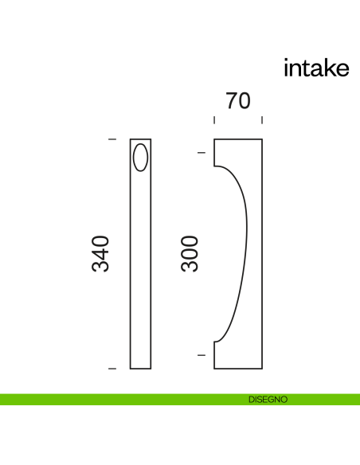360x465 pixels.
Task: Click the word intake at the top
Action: pos(316,68)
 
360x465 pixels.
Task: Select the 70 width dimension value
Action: pos(238,101)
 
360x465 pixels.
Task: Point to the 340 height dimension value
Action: pos(100,254)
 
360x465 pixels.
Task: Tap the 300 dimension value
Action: pos(189,254)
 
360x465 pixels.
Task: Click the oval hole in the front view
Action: pos(140,157)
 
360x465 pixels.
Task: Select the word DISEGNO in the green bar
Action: pos(268,399)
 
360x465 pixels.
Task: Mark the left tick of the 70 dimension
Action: pos(214,120)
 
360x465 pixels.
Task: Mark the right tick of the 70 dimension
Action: pos(262,120)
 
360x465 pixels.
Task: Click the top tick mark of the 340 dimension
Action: pos(112,139)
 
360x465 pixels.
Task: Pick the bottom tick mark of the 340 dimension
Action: pos(112,369)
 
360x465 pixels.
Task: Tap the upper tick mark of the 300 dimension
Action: pos(201,152)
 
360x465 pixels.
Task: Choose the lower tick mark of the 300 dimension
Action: pos(201,355)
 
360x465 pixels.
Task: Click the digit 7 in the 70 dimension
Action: pos(231,101)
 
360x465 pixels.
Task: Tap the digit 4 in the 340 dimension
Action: pos(100,254)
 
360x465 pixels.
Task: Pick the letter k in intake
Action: pos(328,68)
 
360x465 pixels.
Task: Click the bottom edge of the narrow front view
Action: pos(140,369)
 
